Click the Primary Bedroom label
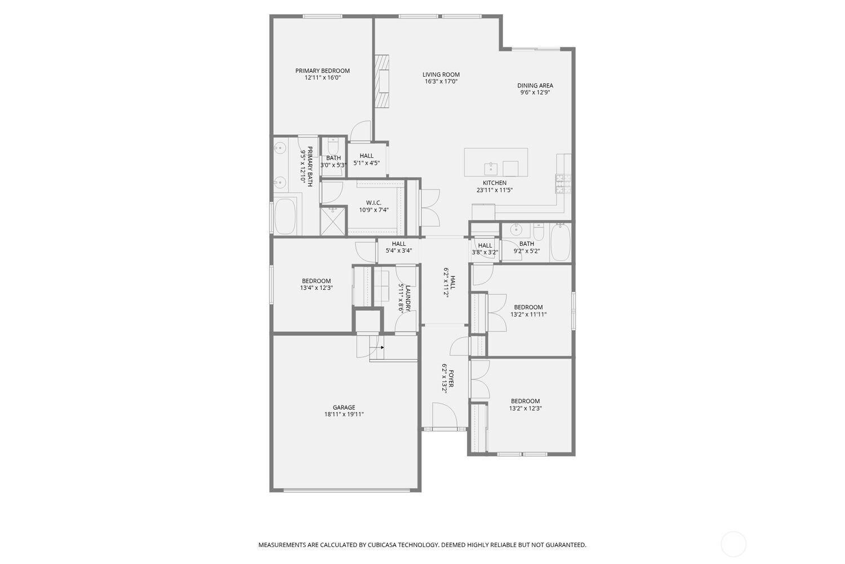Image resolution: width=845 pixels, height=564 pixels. (x=322, y=70)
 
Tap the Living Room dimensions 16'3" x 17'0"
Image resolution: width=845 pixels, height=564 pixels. (x=441, y=81)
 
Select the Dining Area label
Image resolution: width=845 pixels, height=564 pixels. (x=535, y=85)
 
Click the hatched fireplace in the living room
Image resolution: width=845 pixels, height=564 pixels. (x=381, y=81)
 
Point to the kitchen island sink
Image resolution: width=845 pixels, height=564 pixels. (x=491, y=169)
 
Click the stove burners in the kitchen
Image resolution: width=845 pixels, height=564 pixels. (x=563, y=184)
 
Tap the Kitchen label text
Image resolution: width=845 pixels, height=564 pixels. (x=495, y=183)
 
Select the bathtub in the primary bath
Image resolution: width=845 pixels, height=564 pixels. (x=285, y=217)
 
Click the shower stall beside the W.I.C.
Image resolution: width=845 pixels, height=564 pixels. (x=333, y=221)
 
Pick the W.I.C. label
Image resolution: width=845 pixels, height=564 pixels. (x=373, y=203)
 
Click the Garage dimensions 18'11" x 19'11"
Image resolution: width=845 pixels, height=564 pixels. (x=344, y=414)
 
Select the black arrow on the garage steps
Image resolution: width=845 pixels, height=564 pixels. (x=382, y=347)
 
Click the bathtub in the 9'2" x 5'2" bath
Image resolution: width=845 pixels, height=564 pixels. (x=560, y=242)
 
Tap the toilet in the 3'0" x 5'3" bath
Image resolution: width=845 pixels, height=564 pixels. (x=333, y=146)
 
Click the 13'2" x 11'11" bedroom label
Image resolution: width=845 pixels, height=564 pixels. (x=528, y=307)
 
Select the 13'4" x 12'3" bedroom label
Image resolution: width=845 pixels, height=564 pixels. (x=316, y=281)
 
